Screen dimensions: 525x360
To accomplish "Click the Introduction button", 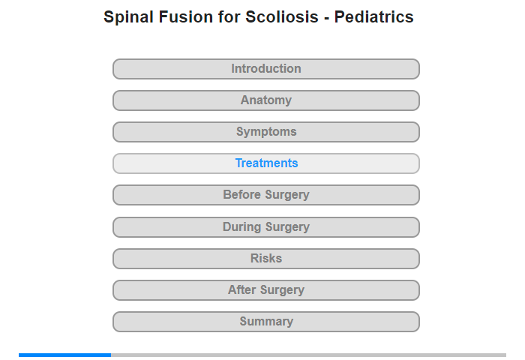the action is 266,69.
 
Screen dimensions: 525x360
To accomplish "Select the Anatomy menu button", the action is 266,100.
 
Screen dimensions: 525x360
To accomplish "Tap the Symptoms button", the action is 266,132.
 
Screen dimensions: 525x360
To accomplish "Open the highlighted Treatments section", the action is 266,163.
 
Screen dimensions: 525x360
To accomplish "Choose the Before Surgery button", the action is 266,195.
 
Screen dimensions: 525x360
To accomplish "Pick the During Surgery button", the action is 266,227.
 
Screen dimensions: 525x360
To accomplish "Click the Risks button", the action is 266,259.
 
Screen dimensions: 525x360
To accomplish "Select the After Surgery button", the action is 266,290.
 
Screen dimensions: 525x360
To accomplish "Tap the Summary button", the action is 266,322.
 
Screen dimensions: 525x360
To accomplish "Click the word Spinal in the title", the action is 129,17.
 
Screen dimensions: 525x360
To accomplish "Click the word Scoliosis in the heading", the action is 282,16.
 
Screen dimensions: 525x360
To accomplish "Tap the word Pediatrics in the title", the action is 374,16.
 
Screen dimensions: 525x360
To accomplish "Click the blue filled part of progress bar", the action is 65,355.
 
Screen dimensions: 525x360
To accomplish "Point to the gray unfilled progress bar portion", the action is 309,355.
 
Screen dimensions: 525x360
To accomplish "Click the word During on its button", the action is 241,226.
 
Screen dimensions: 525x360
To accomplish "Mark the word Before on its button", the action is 241,194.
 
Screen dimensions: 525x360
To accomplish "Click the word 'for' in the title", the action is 229,16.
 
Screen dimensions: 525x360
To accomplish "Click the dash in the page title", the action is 326,19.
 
